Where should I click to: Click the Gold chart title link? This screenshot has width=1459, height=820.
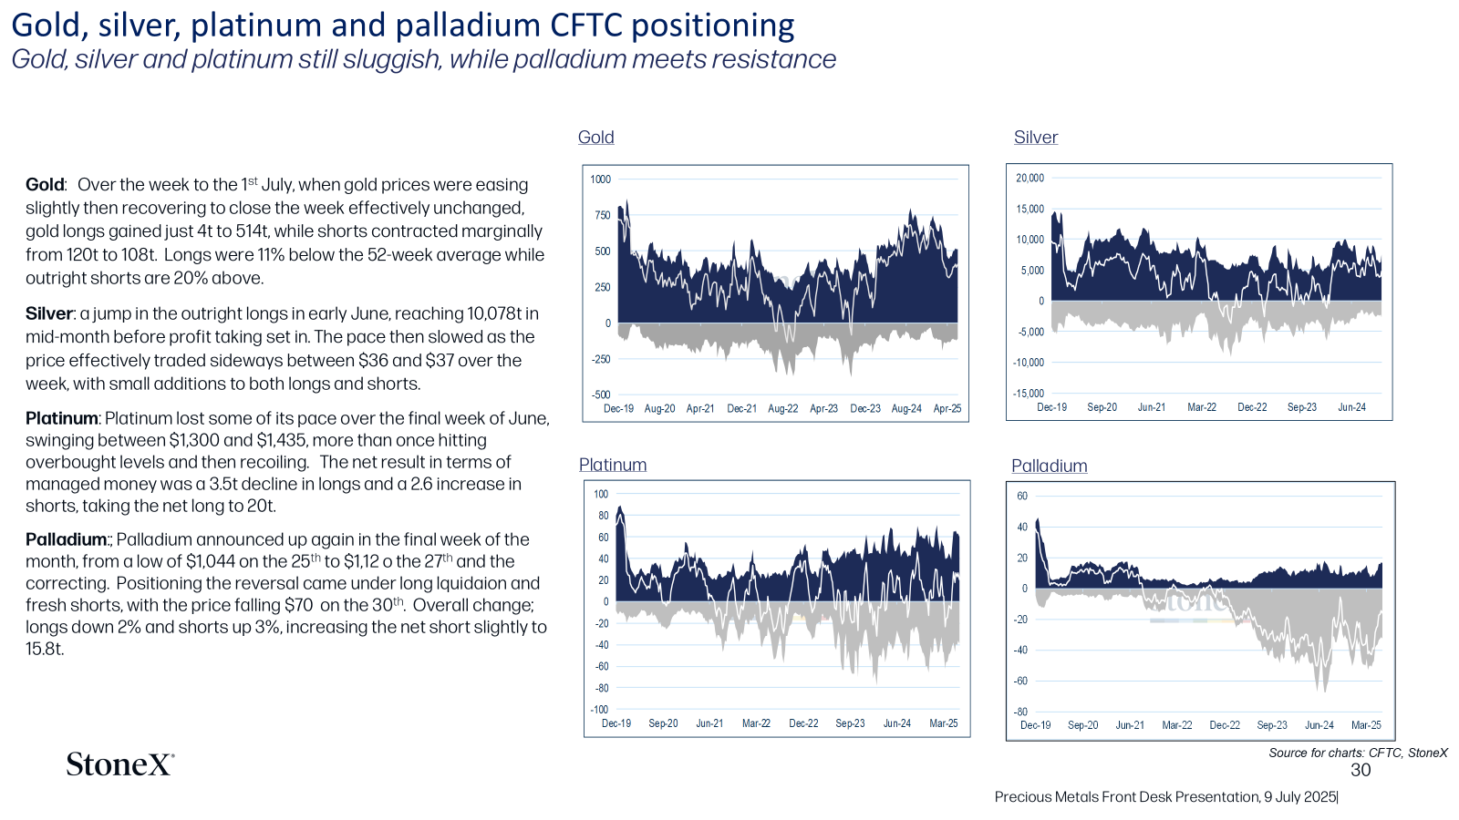tap(596, 138)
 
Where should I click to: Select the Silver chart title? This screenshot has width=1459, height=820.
tap(1036, 138)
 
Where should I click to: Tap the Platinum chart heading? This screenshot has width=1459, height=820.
tap(613, 465)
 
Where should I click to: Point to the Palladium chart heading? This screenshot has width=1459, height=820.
tap(1050, 466)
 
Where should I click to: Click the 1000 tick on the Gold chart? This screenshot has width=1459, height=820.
tap(601, 179)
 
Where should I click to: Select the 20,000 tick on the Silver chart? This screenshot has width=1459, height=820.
tap(1030, 178)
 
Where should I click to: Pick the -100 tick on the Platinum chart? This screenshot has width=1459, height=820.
tap(599, 710)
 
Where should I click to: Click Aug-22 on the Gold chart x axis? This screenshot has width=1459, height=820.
tap(783, 409)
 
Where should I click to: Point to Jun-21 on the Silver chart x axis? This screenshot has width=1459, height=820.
tap(1152, 407)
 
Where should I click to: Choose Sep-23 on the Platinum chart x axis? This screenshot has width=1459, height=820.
tap(850, 723)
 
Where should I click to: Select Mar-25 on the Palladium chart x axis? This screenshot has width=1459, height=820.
tap(1366, 725)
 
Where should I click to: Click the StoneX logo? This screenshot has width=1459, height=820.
tap(119, 764)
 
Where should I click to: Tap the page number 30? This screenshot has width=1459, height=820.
tap(1361, 771)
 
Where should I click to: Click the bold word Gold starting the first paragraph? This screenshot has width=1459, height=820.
tap(45, 185)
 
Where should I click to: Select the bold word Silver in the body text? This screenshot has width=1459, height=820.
tap(49, 313)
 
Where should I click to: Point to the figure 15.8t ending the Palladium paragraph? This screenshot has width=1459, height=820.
tap(45, 650)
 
